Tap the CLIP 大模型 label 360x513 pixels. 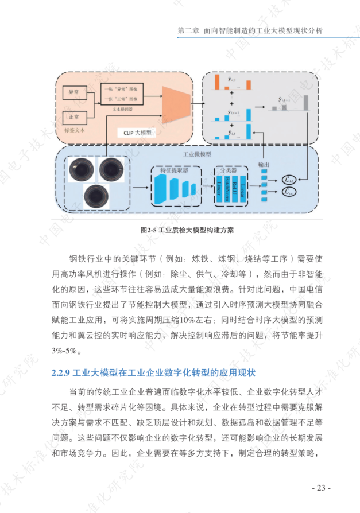[137, 132]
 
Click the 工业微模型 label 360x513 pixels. [197, 154]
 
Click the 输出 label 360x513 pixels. [263, 165]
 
